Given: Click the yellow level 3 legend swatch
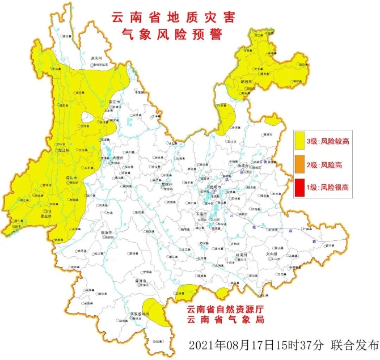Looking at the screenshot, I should coord(302,142).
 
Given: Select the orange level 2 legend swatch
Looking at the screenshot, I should coord(302,165).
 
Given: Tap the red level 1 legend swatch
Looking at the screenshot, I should coord(302,187).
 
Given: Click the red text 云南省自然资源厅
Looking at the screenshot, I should coord(225,309).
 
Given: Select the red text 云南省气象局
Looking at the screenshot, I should coord(225,320).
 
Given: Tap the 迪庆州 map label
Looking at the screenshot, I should coord(96,58).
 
